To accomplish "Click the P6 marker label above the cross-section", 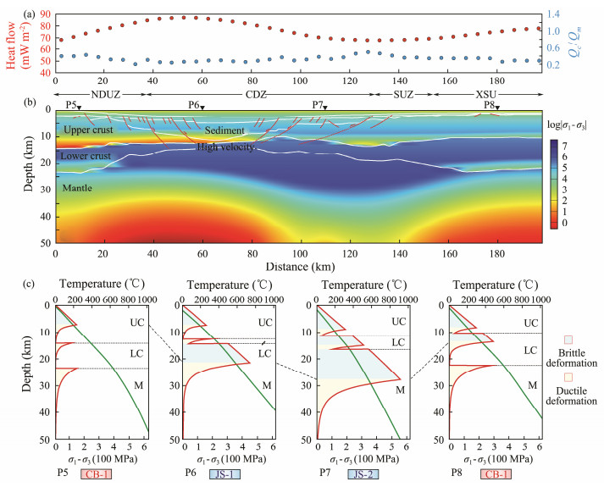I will [195, 103].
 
